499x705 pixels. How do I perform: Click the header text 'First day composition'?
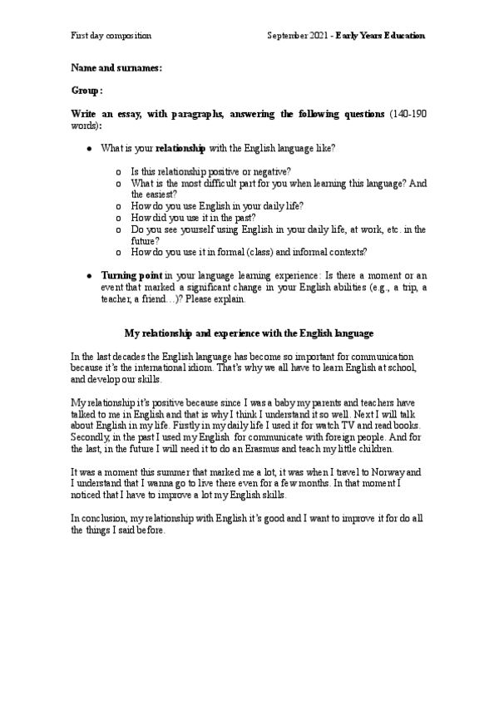(111, 36)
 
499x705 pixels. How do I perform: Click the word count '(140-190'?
(408, 113)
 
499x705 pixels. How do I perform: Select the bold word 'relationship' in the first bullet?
(181, 149)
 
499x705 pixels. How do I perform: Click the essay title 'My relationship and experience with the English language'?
(249, 333)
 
